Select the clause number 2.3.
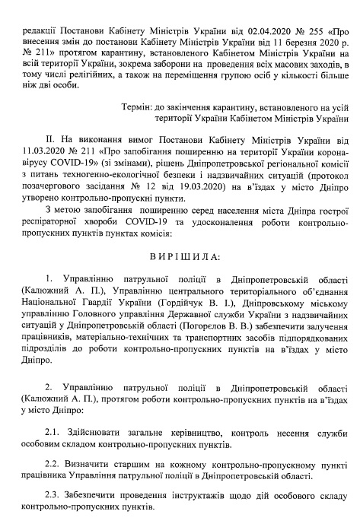coord(55,495)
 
